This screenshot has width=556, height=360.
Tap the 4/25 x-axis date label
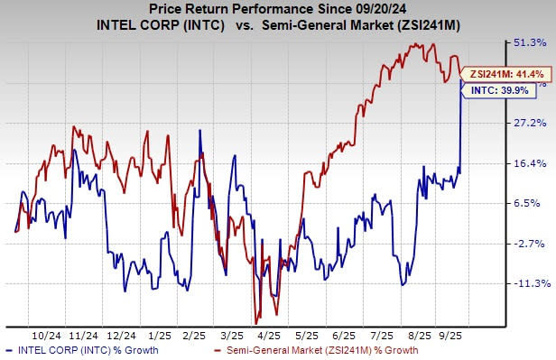point(271,333)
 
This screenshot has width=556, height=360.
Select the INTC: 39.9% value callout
point(494,90)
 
